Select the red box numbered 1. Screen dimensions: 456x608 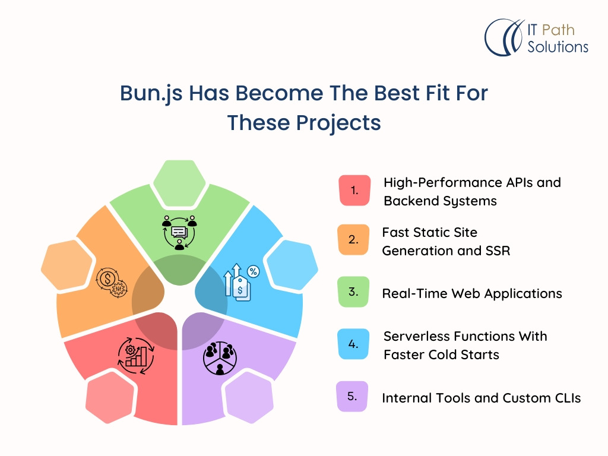coord(354,191)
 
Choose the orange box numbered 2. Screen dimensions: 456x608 coord(353,240)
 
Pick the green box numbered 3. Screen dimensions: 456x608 coord(353,292)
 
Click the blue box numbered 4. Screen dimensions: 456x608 coord(353,344)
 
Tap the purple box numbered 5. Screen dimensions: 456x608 coord(352,396)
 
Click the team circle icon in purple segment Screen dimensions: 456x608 coord(220,357)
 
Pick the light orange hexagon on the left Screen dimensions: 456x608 coord(67,262)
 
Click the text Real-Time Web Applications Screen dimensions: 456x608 coord(471,293)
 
